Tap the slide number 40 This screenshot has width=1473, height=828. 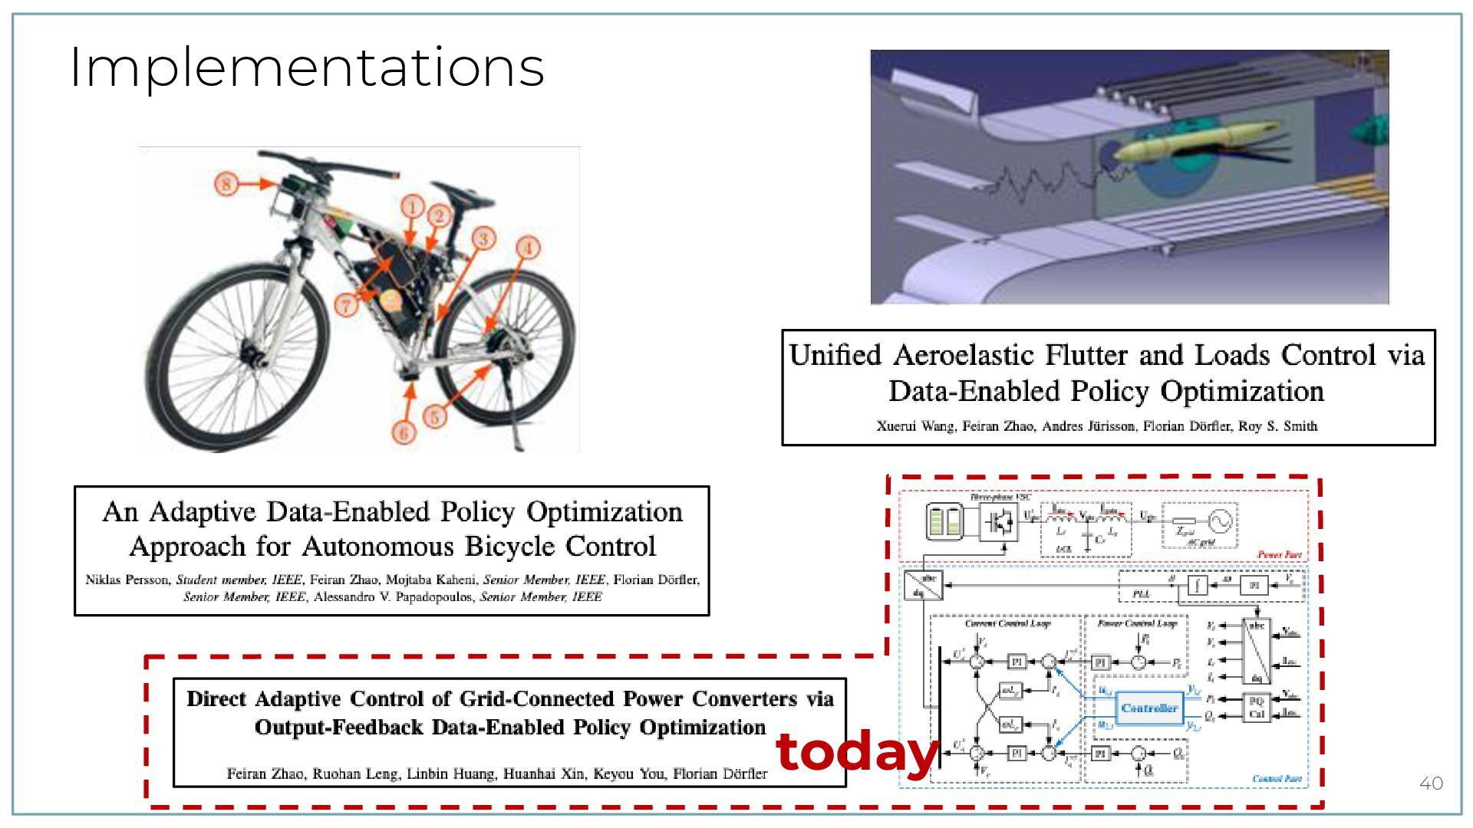point(1431,783)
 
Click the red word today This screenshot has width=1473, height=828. point(857,752)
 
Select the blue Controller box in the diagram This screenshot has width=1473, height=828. point(1148,708)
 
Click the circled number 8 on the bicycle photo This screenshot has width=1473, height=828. point(226,184)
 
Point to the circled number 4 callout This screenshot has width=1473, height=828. point(527,248)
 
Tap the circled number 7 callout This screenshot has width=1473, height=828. point(346,305)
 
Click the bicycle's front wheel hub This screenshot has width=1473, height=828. point(249,355)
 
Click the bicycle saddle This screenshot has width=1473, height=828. point(451,191)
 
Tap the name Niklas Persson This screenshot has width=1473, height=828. point(126,580)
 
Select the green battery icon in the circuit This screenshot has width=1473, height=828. point(944,521)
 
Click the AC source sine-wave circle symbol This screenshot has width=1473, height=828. point(1219,521)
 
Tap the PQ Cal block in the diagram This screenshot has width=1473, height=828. point(1256,707)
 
